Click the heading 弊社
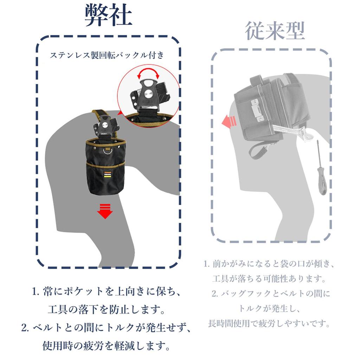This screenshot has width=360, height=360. click(109, 16)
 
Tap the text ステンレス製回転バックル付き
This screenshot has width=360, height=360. click(107, 55)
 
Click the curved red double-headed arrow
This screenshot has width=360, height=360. click(148, 73)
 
